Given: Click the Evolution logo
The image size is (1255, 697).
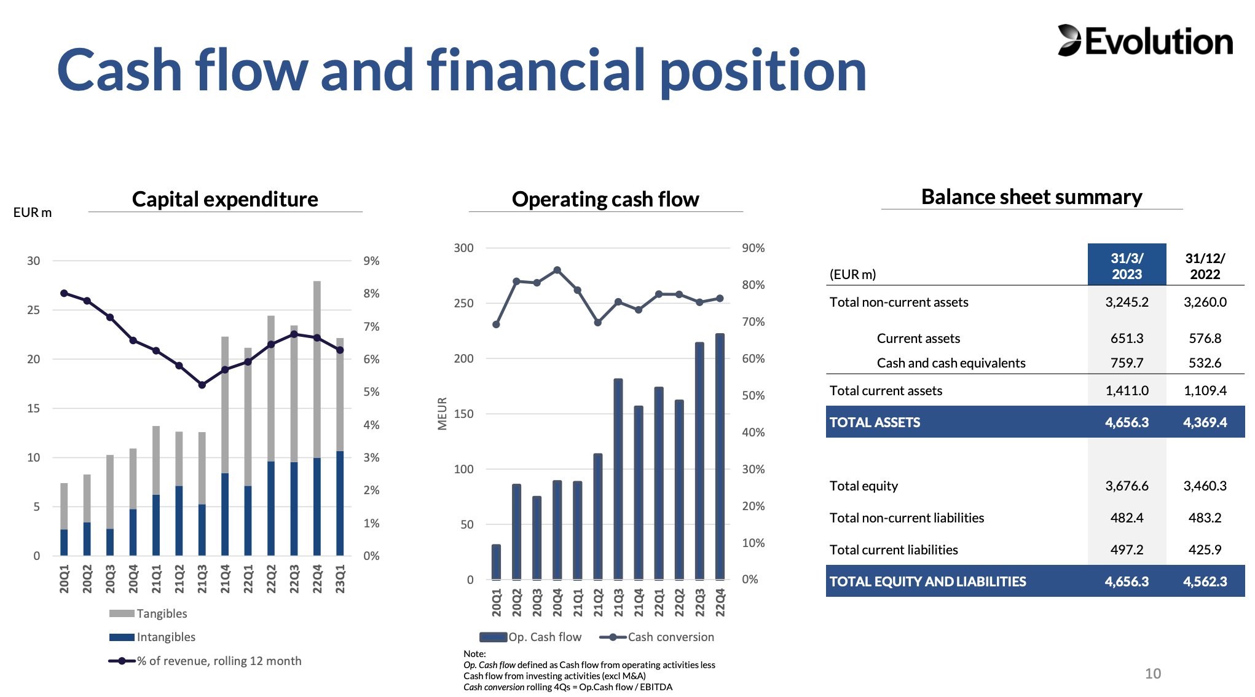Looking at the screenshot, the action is (x=1144, y=41).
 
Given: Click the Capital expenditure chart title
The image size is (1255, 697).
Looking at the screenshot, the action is (x=225, y=199).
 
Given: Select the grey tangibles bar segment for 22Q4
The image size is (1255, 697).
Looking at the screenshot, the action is (x=317, y=369).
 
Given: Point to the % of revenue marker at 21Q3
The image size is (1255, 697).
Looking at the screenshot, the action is (x=202, y=385).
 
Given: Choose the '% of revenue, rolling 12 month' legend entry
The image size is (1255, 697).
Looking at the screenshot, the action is (x=205, y=661).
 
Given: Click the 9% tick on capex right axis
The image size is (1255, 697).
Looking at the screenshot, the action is (x=371, y=261).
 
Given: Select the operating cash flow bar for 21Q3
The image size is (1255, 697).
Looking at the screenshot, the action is (x=618, y=479).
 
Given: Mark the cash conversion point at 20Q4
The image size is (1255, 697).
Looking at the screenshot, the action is (x=557, y=270).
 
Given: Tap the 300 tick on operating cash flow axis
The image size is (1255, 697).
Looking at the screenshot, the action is (x=463, y=248).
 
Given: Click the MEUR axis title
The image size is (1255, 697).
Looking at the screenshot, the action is (x=442, y=413).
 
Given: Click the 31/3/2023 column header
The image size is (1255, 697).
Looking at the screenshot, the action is (x=1127, y=266).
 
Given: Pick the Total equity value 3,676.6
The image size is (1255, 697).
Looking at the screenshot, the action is (x=1127, y=486).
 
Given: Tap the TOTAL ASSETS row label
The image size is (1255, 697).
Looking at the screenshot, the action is (x=875, y=422).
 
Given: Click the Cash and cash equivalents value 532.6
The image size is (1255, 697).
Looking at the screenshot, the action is (x=1205, y=363).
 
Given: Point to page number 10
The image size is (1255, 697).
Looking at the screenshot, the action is (x=1153, y=674).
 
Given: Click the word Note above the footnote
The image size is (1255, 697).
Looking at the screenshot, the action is (x=474, y=653).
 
